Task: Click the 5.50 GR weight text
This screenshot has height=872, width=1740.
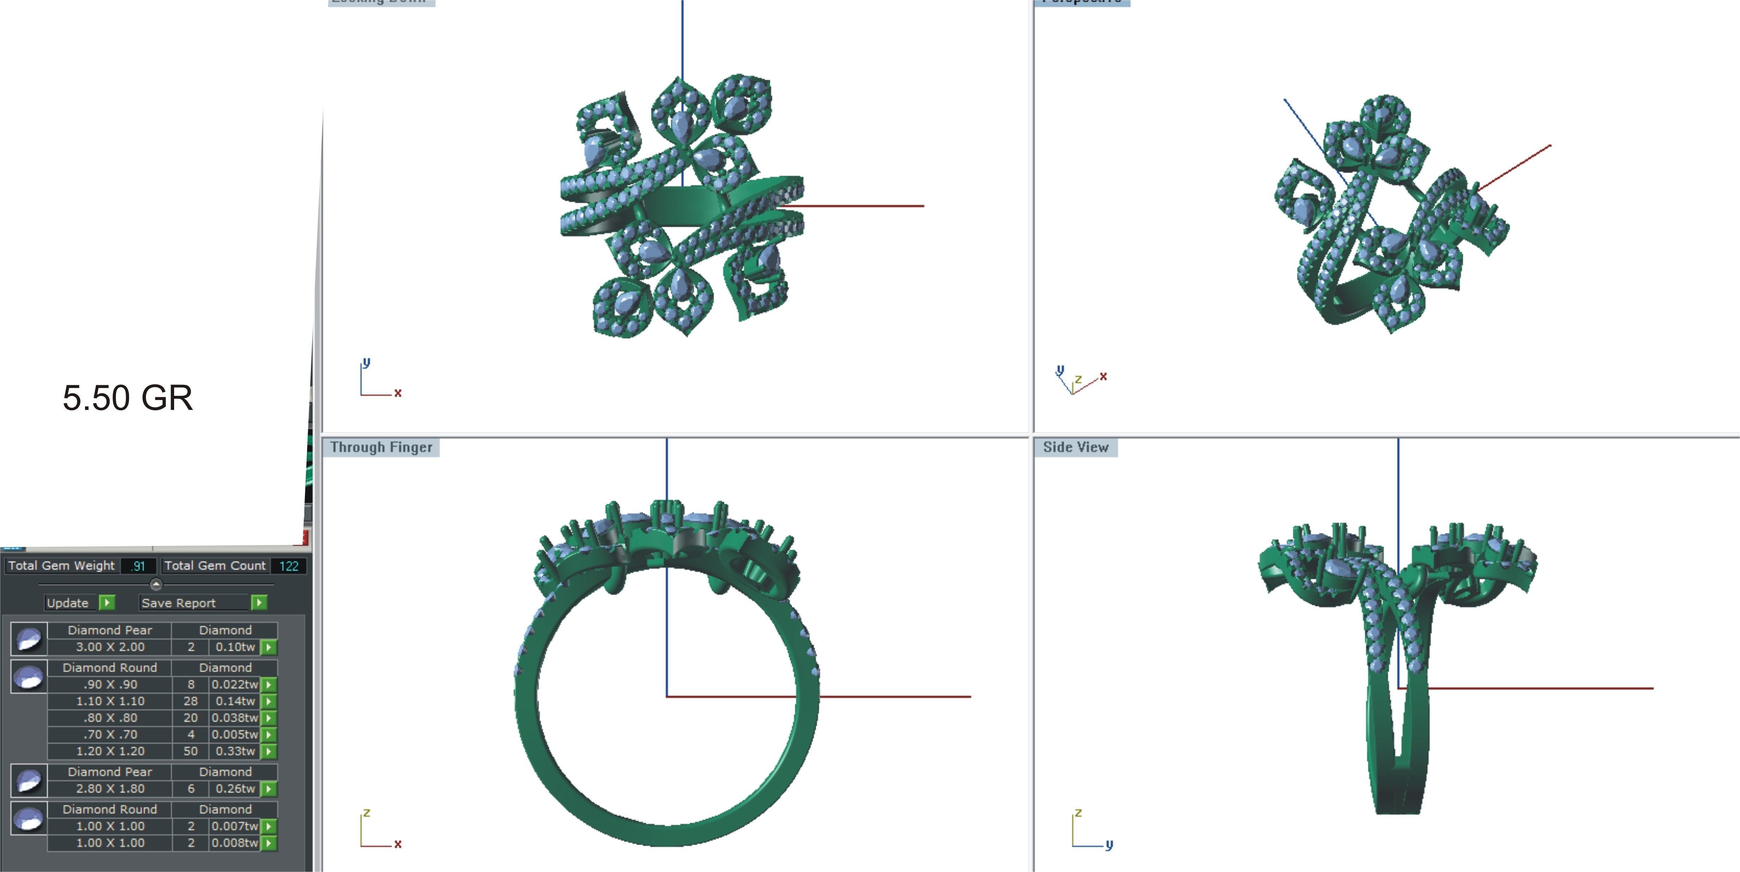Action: [128, 398]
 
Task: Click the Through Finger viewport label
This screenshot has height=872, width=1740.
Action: [381, 447]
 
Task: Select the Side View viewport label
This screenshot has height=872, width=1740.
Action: [1075, 447]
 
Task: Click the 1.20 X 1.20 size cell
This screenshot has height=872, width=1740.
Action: [110, 751]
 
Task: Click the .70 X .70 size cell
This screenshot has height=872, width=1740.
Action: [110, 734]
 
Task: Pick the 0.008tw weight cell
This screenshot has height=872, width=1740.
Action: [234, 843]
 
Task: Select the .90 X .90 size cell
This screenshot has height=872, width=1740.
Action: [110, 684]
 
